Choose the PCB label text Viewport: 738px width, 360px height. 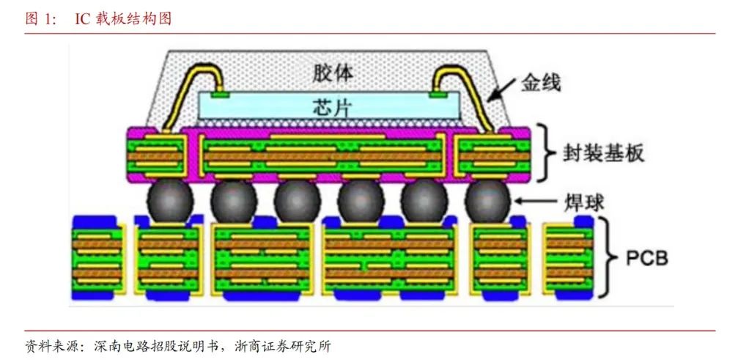(646, 258)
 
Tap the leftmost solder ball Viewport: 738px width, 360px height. (170, 201)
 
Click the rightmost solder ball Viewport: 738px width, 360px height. (488, 201)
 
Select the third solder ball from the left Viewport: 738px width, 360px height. (298, 201)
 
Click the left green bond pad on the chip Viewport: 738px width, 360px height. (220, 95)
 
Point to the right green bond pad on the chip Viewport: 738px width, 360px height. (438, 95)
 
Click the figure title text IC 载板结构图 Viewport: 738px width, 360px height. (123, 19)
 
